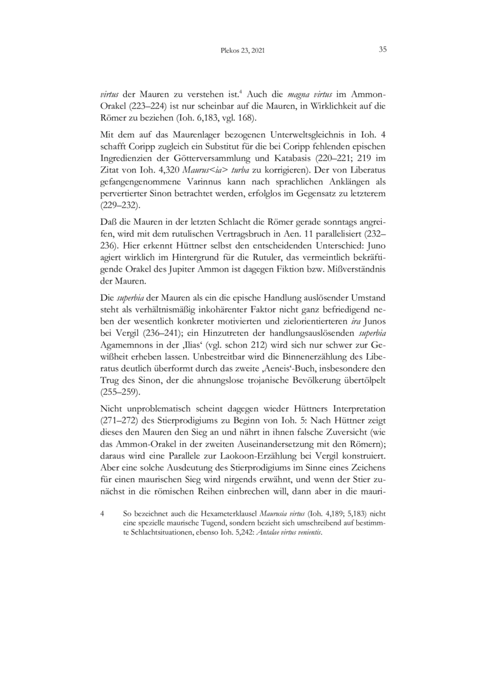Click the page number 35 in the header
[383, 50]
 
